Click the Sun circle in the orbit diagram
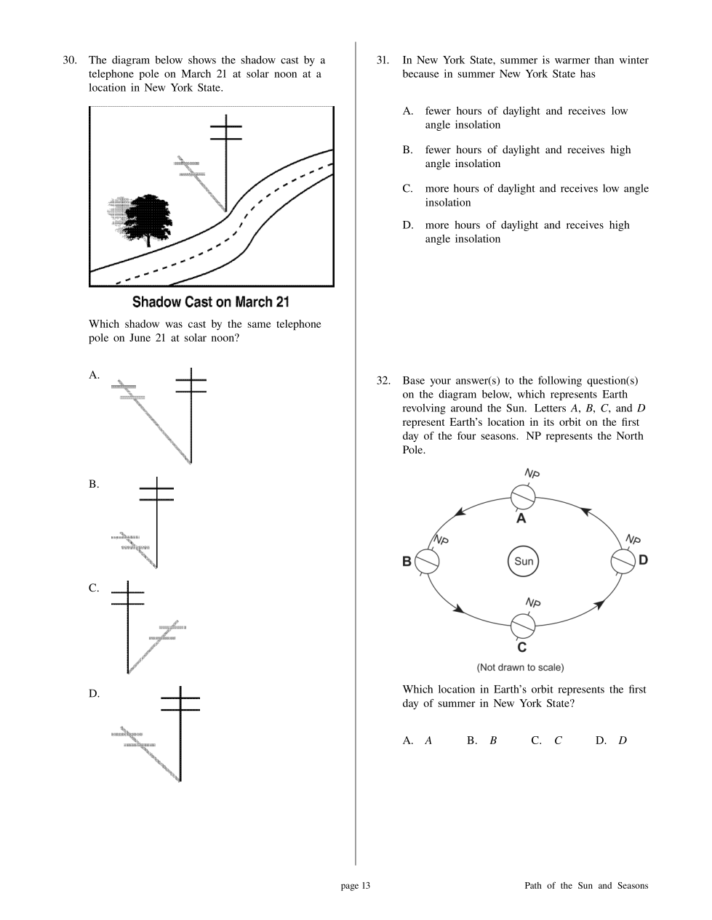[x=524, y=561]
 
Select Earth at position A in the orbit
[x=522, y=498]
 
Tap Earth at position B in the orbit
[x=427, y=561]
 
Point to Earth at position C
[x=522, y=625]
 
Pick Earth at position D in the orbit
[x=622, y=561]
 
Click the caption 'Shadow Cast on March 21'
[x=211, y=302]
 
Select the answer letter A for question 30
[x=94, y=375]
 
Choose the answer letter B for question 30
[x=94, y=484]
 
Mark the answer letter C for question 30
[x=94, y=588]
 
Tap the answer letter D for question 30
[x=94, y=693]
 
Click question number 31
[x=383, y=60]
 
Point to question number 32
[x=383, y=381]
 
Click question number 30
[x=70, y=60]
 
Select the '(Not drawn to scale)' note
[x=520, y=667]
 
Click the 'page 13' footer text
[x=356, y=885]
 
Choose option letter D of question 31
[x=408, y=225]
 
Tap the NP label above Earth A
[x=532, y=474]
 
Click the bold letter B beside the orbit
[x=407, y=561]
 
